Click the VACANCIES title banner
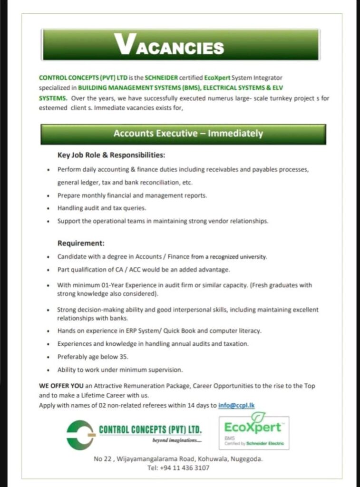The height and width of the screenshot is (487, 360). tap(180, 46)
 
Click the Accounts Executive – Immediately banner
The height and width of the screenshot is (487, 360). tap(183, 134)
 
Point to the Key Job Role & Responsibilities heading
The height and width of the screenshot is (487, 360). tap(111, 155)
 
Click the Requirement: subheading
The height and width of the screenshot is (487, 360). tap(81, 243)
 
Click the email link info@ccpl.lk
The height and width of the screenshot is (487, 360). tap(237, 405)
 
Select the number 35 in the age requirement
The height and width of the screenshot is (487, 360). tap(125, 356)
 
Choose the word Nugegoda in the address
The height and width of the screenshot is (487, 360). tap(247, 459)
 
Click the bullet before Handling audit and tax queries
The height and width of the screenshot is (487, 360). tap(49, 208)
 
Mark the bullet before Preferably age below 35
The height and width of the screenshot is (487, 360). tap(49, 357)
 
